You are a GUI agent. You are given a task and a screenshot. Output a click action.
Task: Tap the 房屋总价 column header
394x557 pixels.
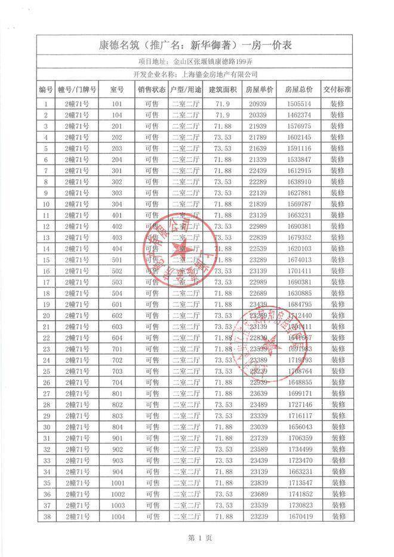coord(298,89)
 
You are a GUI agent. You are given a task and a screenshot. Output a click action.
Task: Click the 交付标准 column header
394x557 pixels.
coord(337,89)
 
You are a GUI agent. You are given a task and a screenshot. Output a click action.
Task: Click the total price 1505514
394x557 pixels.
coord(298,103)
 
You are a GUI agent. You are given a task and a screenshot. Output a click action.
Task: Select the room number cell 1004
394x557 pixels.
coord(116,518)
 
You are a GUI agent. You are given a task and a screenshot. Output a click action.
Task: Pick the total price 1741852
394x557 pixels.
coord(298,495)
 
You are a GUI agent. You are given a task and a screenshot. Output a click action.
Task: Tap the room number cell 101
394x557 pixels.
coord(116,103)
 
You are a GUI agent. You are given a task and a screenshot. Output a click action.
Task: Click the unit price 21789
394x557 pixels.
coord(260,137)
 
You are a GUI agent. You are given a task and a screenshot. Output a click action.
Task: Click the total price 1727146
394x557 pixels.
coord(298,405)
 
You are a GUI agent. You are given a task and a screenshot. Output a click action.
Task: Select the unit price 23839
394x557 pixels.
coord(260,484)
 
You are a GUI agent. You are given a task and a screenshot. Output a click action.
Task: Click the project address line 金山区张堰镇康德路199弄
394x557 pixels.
coord(196,61)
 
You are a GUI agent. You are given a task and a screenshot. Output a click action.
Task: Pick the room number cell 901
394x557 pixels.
coord(116,438)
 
